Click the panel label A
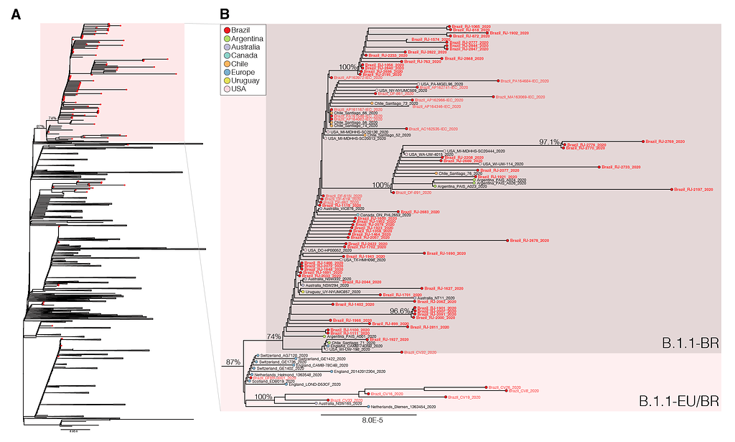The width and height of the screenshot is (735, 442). [x=15, y=14]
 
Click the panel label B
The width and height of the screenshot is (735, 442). [x=225, y=14]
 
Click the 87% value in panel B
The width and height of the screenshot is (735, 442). [x=233, y=362]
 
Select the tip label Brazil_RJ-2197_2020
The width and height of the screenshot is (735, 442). [x=693, y=189]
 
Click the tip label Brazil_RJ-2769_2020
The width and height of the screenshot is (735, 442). [x=667, y=142]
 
